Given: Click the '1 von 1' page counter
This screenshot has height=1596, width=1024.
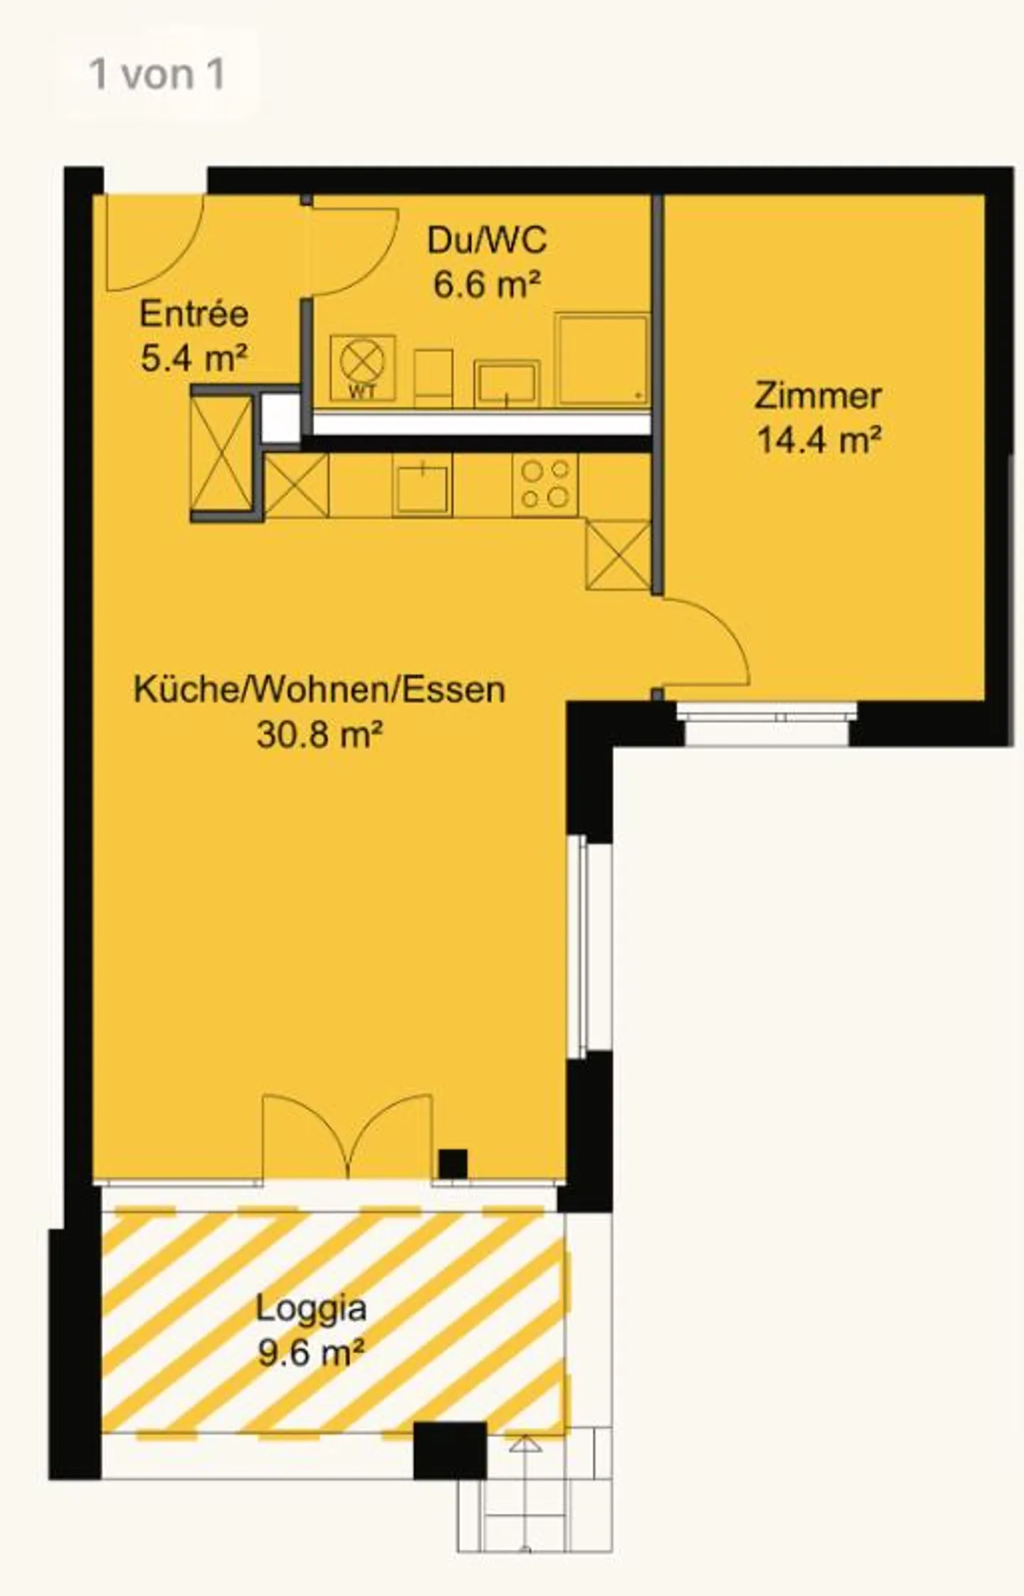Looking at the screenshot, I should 156,75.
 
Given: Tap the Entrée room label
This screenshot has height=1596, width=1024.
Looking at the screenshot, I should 193,314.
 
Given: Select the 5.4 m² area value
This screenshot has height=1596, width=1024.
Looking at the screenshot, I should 193,357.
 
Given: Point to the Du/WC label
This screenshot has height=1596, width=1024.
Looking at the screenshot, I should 486,240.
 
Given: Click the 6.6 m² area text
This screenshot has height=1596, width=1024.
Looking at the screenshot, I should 486,284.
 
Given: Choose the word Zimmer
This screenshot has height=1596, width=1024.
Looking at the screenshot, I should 818,396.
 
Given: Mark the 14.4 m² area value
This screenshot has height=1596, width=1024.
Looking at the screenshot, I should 818,440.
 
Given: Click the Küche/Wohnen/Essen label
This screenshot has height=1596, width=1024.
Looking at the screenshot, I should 319,690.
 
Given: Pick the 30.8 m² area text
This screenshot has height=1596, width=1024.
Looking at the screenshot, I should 319,734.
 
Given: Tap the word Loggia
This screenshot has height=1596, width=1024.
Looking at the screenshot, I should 311,1308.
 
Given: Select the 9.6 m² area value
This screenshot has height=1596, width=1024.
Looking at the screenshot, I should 311,1352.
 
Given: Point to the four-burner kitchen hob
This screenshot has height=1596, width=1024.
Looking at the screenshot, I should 545,485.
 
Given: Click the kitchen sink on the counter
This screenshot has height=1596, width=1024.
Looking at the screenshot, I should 422,486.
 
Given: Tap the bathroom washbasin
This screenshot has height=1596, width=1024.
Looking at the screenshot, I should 506,383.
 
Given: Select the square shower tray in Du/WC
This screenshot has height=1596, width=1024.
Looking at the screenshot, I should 602,360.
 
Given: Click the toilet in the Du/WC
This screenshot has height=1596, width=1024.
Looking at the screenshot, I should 433,377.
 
